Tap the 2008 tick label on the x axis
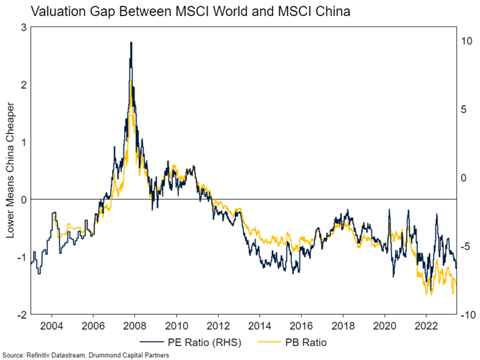135,325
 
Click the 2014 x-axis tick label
259,325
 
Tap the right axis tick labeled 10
467,41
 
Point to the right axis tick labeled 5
465,109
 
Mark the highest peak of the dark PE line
131,42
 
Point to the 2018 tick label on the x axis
342,325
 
